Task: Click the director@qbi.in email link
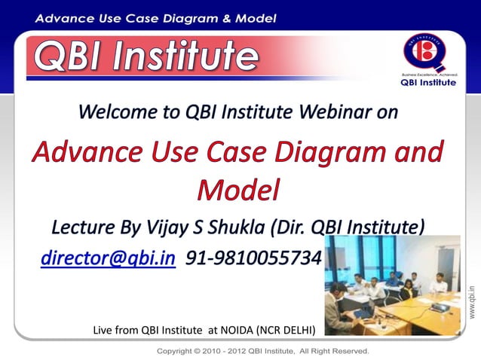point(108,258)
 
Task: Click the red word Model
point(237,189)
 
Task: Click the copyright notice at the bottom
point(262,351)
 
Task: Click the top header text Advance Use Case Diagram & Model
point(155,17)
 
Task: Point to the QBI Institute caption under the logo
point(427,83)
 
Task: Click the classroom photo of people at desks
point(392,285)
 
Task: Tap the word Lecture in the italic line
point(81,227)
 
